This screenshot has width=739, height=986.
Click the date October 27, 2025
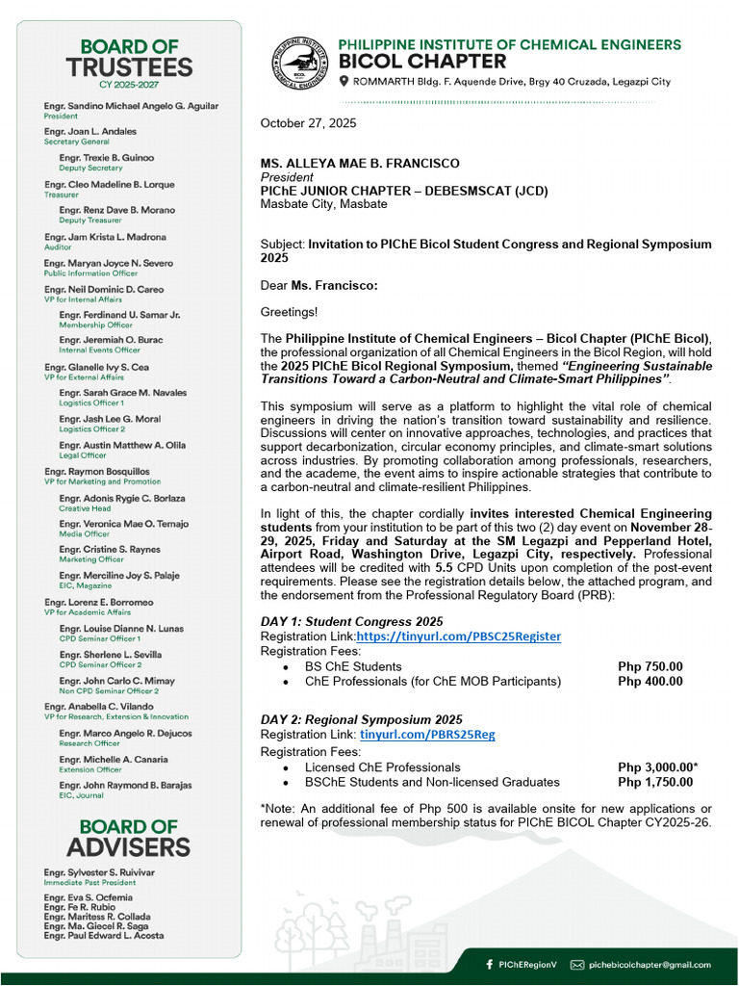tap(308, 123)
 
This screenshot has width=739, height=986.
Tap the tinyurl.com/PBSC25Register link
tap(458, 636)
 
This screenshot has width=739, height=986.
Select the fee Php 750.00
tap(650, 666)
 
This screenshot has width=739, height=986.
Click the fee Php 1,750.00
tap(654, 782)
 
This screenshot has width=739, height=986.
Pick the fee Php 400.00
tap(650, 681)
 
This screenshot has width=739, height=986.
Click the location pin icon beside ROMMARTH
tap(344, 82)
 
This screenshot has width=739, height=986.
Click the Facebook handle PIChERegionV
tap(526, 964)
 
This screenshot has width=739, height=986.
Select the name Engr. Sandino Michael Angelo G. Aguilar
tap(131, 106)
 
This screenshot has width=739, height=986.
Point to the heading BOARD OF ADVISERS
tap(128, 838)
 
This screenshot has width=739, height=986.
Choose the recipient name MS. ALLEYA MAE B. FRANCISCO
tap(360, 164)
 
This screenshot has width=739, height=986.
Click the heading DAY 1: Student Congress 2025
tap(353, 621)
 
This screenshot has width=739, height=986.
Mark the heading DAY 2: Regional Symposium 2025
tap(361, 719)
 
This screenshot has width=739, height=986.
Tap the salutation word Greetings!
tap(289, 312)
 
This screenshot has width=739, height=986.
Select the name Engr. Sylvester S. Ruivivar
tap(99, 872)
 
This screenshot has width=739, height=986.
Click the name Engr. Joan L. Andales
tap(90, 132)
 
